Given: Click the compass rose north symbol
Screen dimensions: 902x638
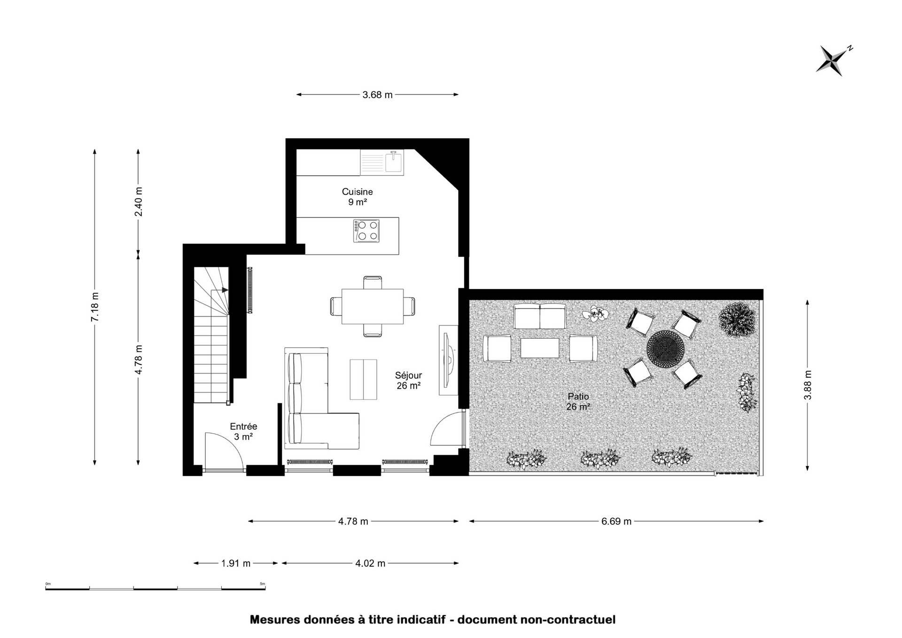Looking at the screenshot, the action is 834,61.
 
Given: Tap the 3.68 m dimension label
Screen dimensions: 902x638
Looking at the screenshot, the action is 377,95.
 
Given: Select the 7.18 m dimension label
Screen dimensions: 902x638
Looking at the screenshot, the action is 95,307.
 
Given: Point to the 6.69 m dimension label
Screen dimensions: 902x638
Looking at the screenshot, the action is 616,521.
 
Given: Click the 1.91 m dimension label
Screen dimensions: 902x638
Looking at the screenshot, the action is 236,563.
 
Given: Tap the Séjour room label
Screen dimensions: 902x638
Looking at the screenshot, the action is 408,381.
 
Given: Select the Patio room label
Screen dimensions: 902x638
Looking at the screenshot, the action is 578,402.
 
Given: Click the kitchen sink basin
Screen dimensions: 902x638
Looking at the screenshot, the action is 393,162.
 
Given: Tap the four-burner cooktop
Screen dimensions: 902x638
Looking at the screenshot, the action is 366,231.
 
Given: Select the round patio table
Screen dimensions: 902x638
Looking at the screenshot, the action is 664,349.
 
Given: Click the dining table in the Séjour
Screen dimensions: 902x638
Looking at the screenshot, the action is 373,306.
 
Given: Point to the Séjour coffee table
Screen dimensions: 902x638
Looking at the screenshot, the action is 363,379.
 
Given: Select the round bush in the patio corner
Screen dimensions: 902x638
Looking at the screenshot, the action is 737,320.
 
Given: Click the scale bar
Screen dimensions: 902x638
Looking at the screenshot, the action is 156,588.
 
